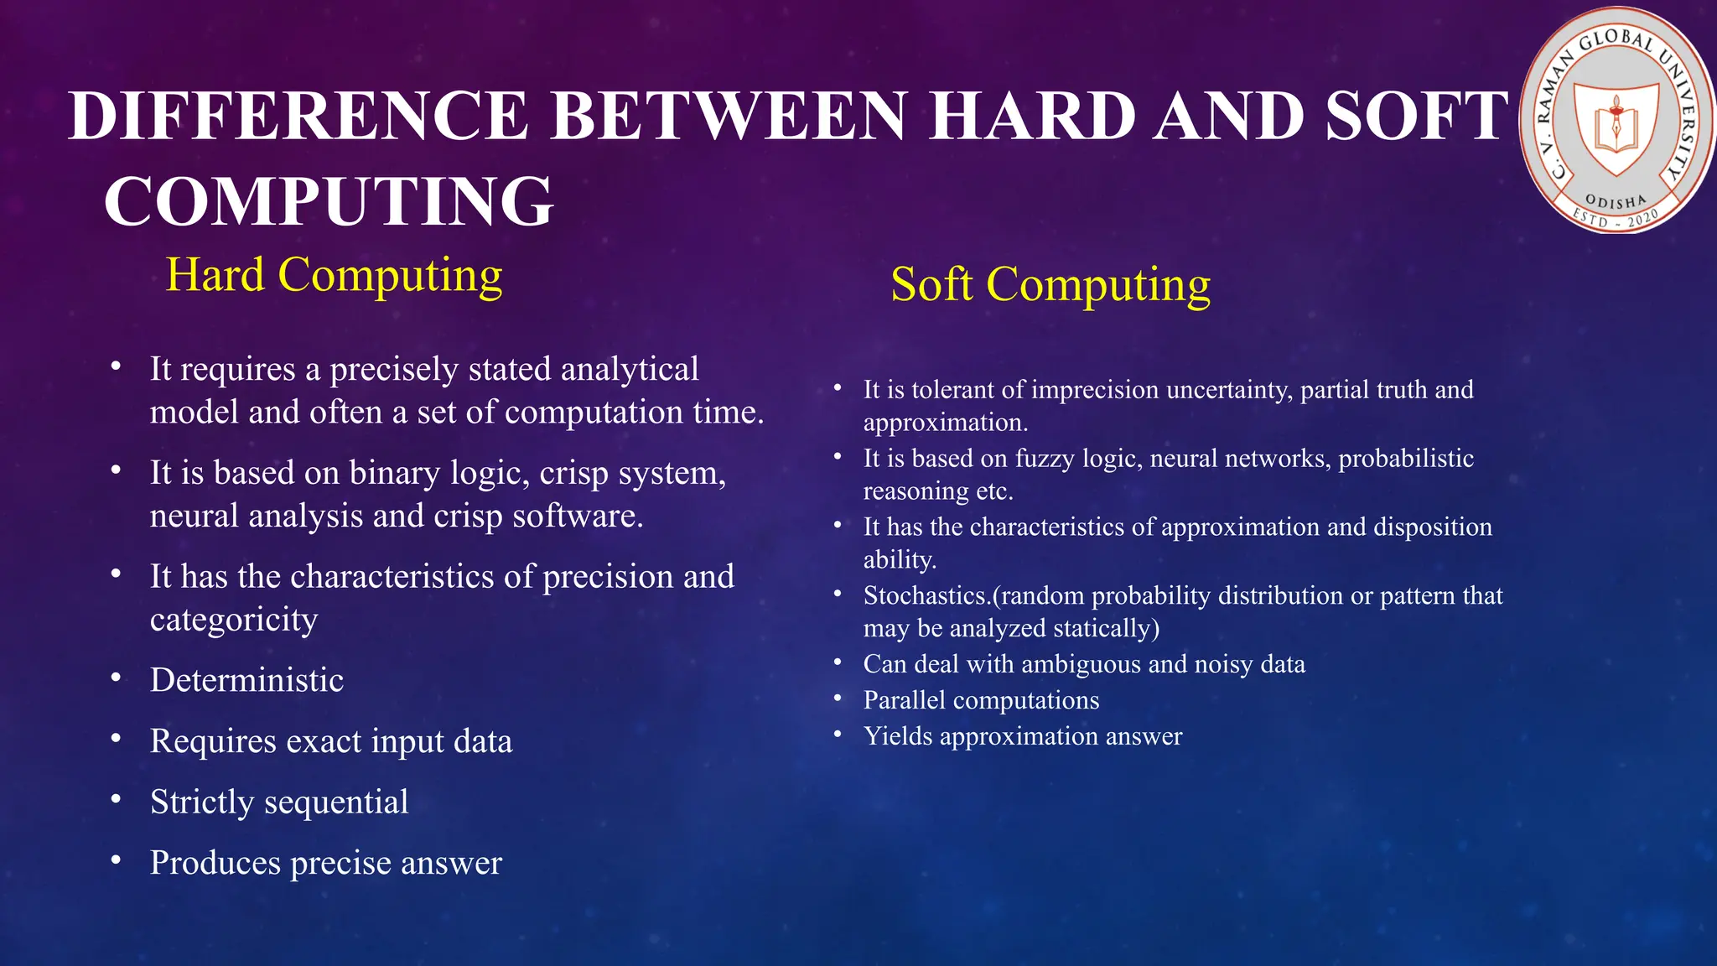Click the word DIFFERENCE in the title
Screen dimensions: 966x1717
tap(298, 116)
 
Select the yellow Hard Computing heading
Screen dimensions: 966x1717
tap(335, 275)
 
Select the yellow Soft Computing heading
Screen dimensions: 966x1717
tap(1050, 284)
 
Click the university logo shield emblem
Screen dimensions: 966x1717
tap(1615, 128)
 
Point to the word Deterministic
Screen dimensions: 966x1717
tap(246, 680)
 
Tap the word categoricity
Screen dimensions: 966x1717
tap(234, 620)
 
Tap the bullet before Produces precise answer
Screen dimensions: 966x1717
tap(117, 861)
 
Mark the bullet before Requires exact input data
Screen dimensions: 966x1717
tap(117, 740)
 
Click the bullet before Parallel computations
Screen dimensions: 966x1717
tap(837, 699)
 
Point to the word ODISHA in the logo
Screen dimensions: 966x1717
tap(1616, 202)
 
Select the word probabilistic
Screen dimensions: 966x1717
tap(1406, 459)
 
